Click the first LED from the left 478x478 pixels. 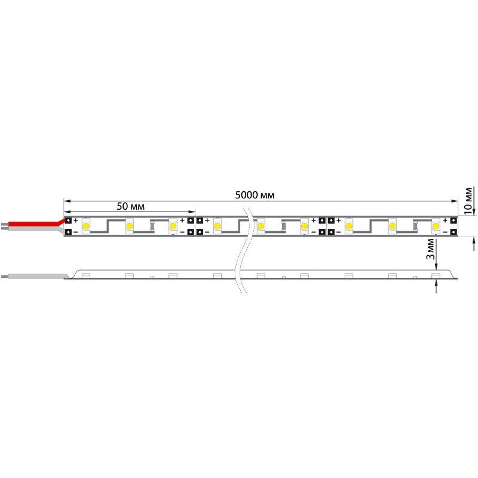click(x=86, y=226)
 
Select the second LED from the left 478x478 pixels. click(x=129, y=226)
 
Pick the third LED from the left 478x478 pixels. click(x=173, y=226)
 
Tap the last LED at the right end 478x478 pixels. click(x=435, y=226)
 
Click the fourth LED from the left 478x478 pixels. click(x=217, y=226)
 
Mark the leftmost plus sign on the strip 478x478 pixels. click(x=76, y=220)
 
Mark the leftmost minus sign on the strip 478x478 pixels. click(x=76, y=232)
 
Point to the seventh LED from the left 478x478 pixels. click(x=348, y=226)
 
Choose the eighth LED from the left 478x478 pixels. click(x=392, y=226)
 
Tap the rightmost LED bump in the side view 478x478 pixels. click(x=435, y=275)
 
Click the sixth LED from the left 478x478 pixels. click(x=304, y=226)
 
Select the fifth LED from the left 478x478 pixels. click(x=261, y=226)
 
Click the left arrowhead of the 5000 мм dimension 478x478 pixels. click(x=66, y=201)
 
